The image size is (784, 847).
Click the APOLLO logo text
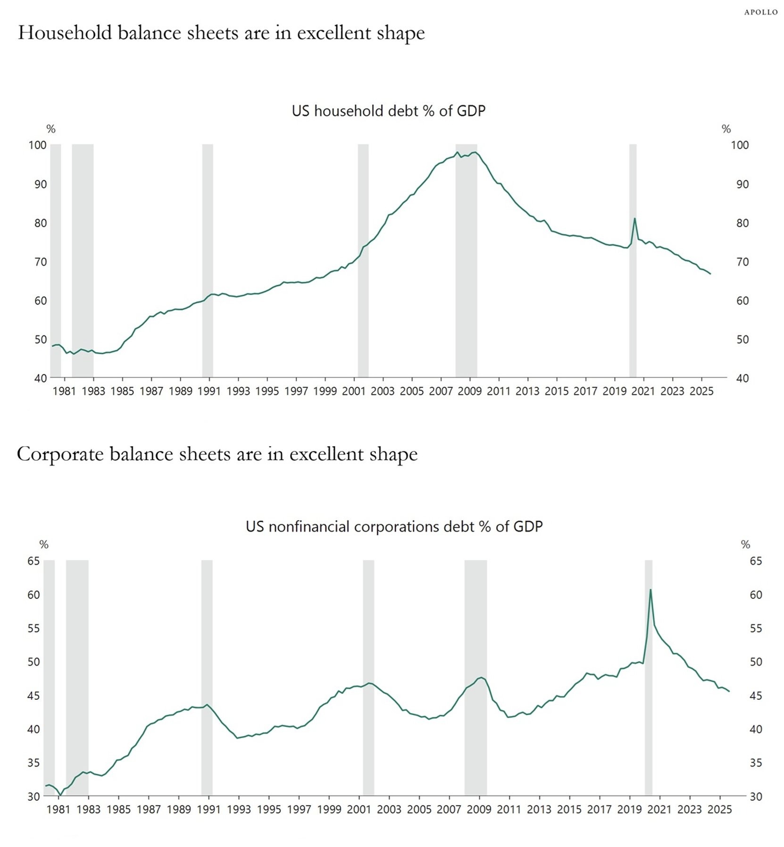click(760, 12)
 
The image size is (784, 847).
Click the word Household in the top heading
click(64, 33)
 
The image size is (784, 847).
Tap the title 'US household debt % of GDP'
click(388, 111)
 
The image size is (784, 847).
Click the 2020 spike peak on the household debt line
click(634, 218)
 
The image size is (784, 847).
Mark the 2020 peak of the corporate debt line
click(651, 590)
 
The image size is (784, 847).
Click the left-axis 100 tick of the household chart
click(38, 145)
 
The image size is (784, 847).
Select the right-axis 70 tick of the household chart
click(742, 262)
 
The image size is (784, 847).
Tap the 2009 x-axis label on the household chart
click(469, 391)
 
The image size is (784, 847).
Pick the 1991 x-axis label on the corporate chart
click(209, 809)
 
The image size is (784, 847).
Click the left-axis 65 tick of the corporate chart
click(33, 561)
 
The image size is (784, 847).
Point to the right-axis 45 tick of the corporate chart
click(756, 696)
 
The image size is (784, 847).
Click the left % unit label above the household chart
click(51, 129)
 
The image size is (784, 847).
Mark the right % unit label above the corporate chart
click(745, 545)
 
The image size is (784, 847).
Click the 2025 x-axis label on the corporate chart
click(719, 809)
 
